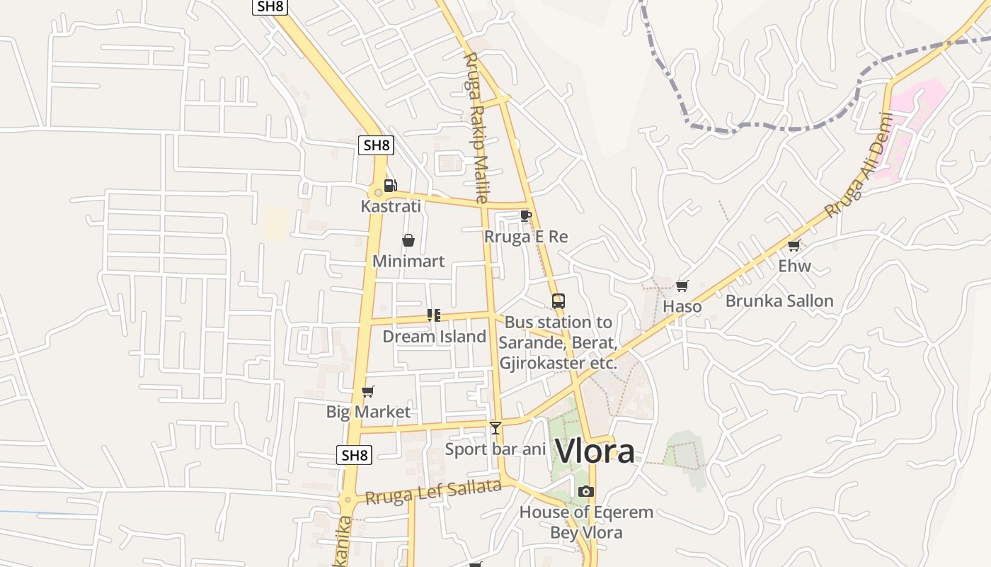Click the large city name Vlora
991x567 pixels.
595,451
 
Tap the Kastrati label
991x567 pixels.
391,206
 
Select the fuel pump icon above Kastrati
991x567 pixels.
390,186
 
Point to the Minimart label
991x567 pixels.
408,261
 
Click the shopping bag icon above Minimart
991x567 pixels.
408,241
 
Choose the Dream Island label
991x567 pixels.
435,336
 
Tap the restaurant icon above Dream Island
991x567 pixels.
434,315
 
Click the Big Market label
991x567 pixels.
368,412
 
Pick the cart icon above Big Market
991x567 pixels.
367,391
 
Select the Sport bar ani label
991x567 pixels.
495,449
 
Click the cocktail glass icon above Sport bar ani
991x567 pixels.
495,427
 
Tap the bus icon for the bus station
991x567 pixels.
558,301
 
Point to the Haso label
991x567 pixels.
682,306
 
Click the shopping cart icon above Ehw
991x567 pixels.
794,246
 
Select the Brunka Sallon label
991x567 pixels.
779,301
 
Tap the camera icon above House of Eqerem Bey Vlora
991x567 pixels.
585,491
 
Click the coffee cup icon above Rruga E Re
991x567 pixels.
525,215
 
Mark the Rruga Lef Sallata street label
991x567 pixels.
433,491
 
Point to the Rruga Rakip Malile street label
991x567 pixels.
476,128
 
